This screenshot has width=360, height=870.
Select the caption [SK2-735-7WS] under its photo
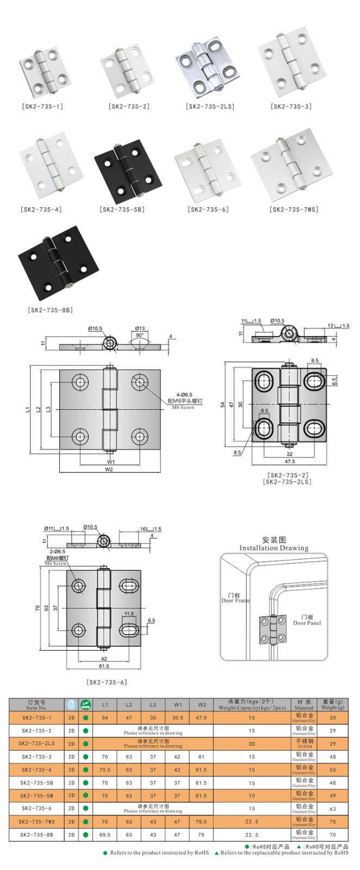click(294, 209)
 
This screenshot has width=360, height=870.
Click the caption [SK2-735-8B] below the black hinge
click(50, 310)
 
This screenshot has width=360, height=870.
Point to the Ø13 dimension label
click(140, 328)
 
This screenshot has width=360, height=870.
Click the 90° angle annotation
click(139, 335)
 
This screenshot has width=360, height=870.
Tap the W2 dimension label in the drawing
click(109, 469)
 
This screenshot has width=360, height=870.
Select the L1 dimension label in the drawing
click(28, 409)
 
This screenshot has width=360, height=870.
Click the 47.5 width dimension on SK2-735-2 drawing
click(289, 461)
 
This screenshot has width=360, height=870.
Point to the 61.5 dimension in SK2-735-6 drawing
click(104, 666)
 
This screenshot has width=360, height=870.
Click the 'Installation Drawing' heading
click(274, 548)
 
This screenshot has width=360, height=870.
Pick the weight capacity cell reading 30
click(252, 743)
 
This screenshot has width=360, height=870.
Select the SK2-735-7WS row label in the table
click(36, 822)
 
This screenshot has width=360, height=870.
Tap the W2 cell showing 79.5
click(201, 822)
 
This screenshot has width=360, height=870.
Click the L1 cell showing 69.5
click(105, 835)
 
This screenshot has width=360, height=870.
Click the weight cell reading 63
click(332, 809)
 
